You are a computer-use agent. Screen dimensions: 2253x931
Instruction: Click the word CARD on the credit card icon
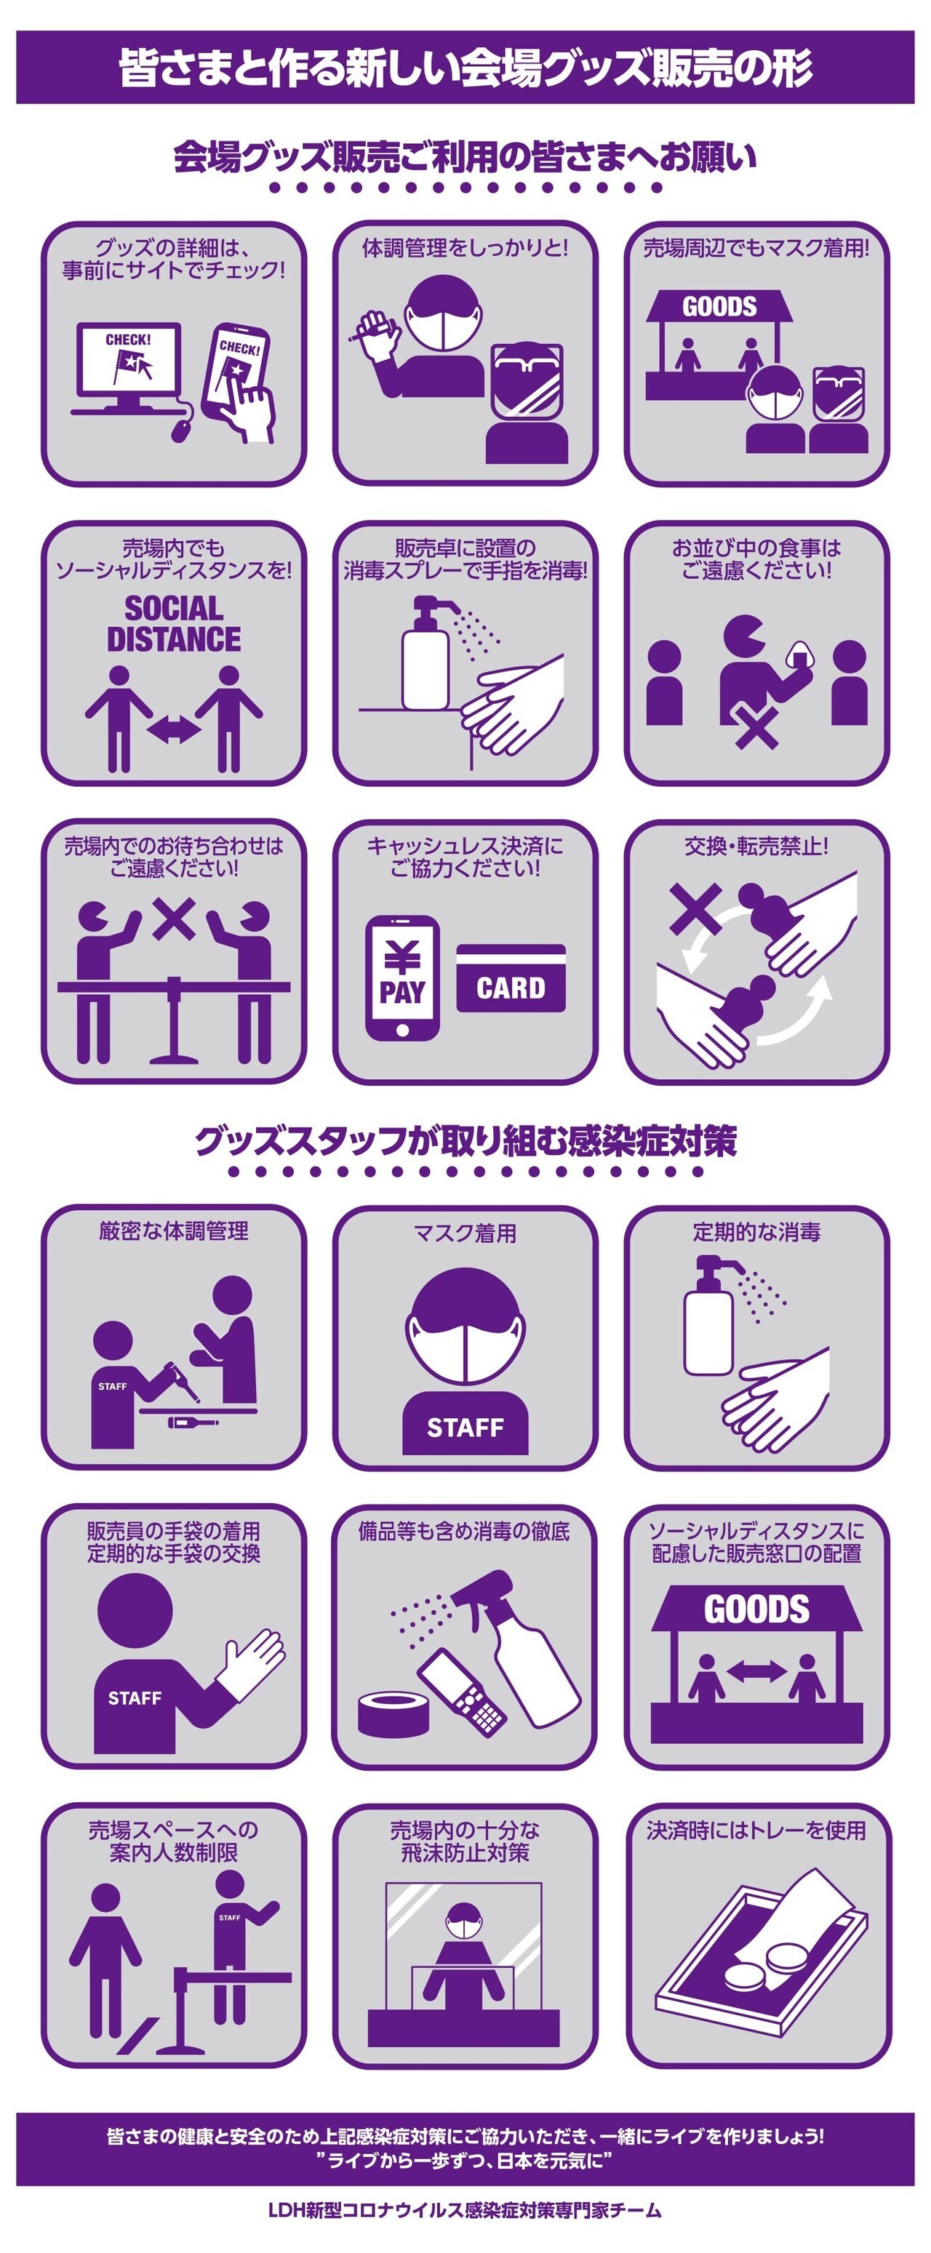click(511, 988)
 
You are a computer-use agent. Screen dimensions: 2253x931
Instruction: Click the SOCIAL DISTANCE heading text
click(173, 623)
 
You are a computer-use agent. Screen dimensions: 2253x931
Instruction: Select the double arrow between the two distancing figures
click(174, 730)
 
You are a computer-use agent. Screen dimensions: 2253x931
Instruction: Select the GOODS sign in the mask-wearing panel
click(719, 306)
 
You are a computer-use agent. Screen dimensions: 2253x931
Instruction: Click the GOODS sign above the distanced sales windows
click(757, 1609)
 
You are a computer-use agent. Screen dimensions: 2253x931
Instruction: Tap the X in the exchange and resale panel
click(695, 907)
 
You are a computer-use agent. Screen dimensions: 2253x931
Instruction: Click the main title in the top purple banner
click(465, 68)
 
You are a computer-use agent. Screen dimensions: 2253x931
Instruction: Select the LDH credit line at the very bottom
click(465, 2228)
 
